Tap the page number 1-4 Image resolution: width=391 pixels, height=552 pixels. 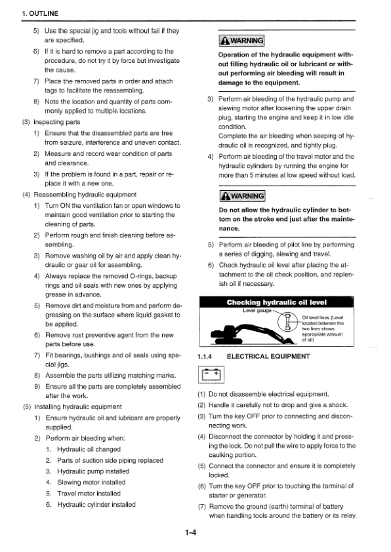tap(192, 533)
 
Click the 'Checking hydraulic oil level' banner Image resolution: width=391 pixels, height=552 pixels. tap(276, 302)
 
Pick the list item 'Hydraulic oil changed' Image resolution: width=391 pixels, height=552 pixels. tap(89, 449)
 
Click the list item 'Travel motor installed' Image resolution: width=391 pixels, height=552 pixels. tap(89, 493)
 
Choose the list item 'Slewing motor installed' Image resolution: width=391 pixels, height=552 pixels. tap(91, 482)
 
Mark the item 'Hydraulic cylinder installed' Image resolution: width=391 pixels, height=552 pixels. tap(96, 504)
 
